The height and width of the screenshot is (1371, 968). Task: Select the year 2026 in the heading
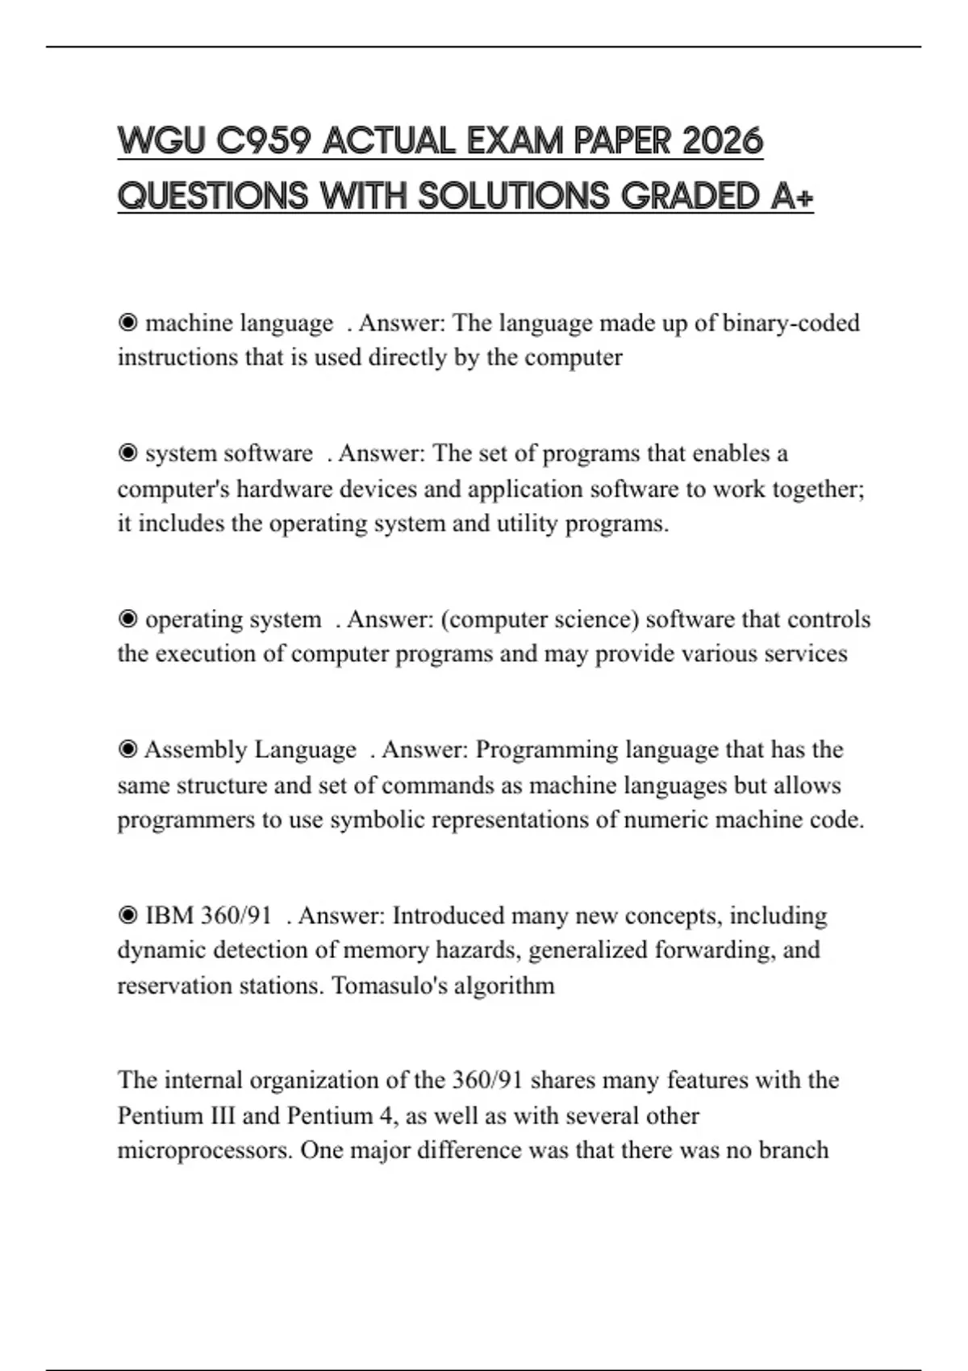(722, 141)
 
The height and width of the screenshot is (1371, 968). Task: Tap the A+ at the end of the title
(791, 196)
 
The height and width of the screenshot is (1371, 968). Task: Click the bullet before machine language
(127, 323)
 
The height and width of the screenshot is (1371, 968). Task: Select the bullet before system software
(127, 454)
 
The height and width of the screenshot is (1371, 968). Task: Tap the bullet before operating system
(127, 619)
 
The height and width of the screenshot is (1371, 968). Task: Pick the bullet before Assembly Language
(127, 750)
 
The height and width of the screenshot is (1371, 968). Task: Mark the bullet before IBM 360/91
(127, 916)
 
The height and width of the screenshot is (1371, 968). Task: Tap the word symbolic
(377, 820)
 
